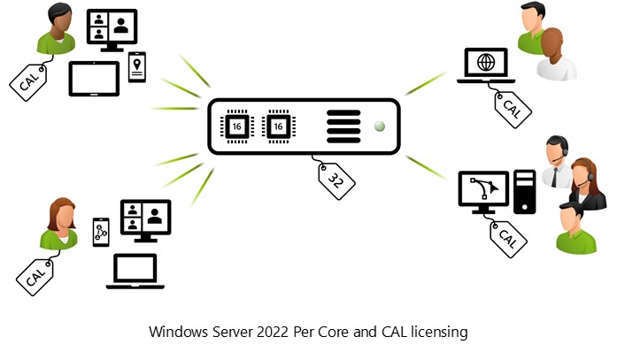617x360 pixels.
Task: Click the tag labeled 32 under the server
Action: pos(337,180)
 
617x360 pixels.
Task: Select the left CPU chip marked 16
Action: pos(237,127)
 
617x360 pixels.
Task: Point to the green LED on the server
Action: pos(380,126)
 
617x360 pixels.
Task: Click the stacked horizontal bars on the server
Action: pos(343,127)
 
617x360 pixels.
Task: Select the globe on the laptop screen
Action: pos(486,63)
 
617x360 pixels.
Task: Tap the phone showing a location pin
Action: pos(137,66)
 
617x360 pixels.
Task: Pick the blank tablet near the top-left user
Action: pos(94,78)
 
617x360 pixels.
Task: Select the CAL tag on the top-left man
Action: pos(28,81)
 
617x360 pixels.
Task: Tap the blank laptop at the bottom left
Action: pos(131,271)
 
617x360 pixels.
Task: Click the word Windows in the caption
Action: pos(174,333)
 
